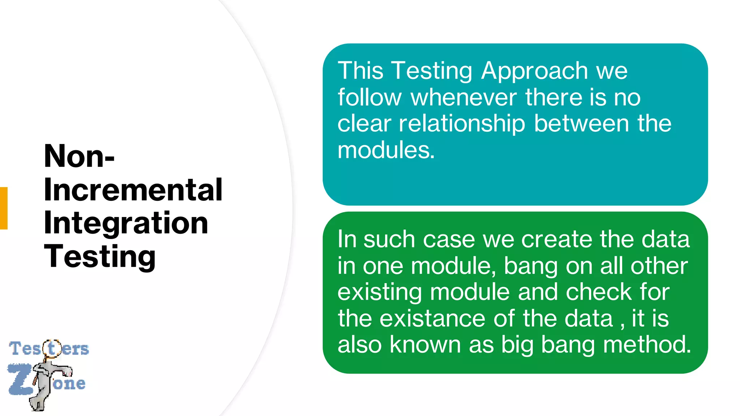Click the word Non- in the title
click(x=79, y=156)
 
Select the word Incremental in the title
click(x=133, y=190)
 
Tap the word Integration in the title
click(x=126, y=223)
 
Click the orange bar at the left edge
click(x=4, y=208)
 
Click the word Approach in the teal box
click(x=535, y=71)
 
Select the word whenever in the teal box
click(x=464, y=97)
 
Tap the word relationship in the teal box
click(x=462, y=124)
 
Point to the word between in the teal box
click(x=582, y=124)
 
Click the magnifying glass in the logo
click(x=52, y=348)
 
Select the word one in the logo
click(x=69, y=383)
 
